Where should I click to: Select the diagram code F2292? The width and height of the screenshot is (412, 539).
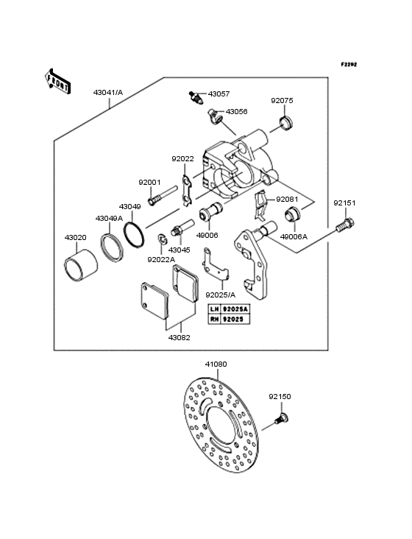pyautogui.click(x=348, y=65)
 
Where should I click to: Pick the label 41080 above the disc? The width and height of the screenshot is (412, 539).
pyautogui.click(x=216, y=364)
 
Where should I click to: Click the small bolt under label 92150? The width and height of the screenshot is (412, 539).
pyautogui.click(x=280, y=419)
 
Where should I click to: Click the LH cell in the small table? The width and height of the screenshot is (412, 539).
pyautogui.click(x=213, y=309)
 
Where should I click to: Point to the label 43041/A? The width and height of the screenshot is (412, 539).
pyautogui.click(x=108, y=94)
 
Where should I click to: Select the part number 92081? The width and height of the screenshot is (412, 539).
pyautogui.click(x=287, y=199)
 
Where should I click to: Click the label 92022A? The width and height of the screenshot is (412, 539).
pyautogui.click(x=161, y=259)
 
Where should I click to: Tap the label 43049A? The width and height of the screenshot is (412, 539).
pyautogui.click(x=108, y=218)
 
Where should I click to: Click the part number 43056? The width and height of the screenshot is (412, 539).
pyautogui.click(x=236, y=111)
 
